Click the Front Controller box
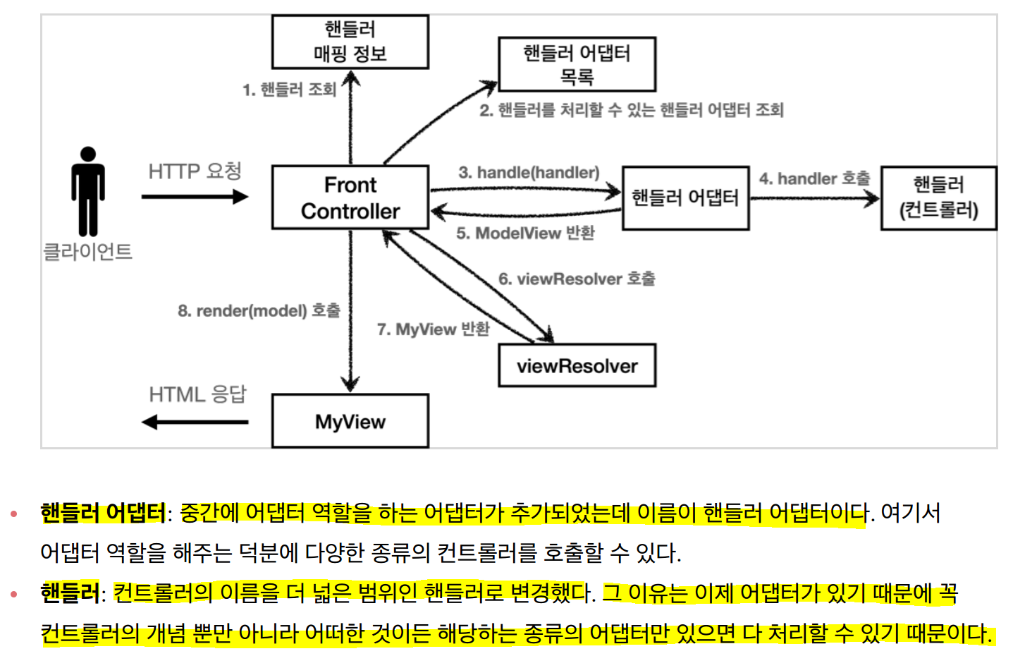coord(350,198)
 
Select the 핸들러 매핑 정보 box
coord(350,42)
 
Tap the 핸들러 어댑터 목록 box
coord(577,64)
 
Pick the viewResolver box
coord(577,365)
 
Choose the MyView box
coord(350,421)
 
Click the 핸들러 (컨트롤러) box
coord(938,198)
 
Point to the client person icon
coord(88,190)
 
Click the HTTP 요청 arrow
coord(195,196)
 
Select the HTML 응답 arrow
coord(195,423)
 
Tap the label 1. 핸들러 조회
coord(289,90)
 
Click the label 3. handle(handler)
coord(529,173)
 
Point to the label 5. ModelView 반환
coord(525,233)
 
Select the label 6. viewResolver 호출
coord(577,279)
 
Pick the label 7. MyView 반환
coord(433,329)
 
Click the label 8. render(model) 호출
coord(259,311)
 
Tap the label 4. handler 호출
coord(814,179)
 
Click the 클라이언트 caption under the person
coord(88,252)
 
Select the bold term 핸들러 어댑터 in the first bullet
coord(103,513)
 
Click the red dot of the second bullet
coord(13,595)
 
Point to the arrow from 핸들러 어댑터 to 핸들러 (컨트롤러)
coord(814,199)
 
